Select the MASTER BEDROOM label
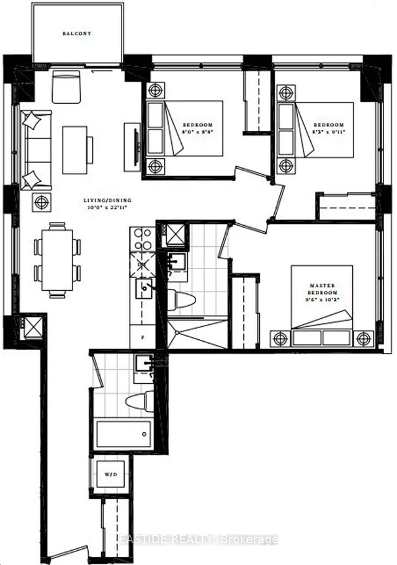[323, 288]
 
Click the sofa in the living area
[36, 149]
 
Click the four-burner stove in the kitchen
[142, 238]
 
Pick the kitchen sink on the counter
[144, 288]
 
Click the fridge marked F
[141, 339]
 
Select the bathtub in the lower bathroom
[123, 433]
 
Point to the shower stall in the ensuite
[197, 334]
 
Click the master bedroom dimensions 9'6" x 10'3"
[323, 300]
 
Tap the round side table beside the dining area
[41, 202]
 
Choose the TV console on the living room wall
[132, 147]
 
